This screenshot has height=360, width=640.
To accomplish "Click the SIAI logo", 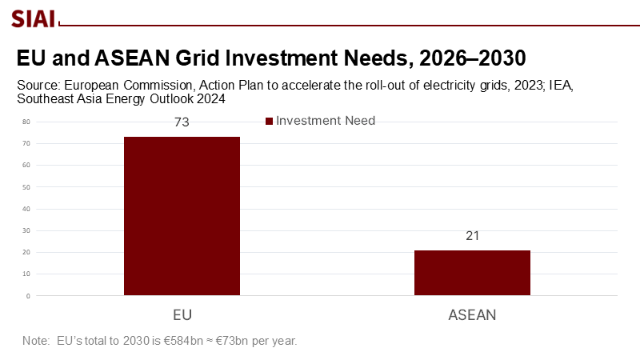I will click(33, 17).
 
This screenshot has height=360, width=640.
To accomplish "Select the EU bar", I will click(182, 216).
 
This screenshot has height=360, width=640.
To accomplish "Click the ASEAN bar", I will click(472, 273).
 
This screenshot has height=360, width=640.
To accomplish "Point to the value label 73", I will click(182, 123).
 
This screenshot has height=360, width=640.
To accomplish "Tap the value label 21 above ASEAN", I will click(472, 237).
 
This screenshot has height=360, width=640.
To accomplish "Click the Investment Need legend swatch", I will click(269, 122).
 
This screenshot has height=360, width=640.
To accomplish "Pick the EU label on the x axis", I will click(182, 314).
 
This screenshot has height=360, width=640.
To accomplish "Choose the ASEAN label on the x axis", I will click(471, 314).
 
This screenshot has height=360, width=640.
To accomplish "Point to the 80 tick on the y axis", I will click(26, 122).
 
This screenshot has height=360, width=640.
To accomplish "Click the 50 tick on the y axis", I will click(26, 187).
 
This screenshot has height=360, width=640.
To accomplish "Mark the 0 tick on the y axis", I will click(28, 296).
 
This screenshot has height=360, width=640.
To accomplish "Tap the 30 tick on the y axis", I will click(26, 230).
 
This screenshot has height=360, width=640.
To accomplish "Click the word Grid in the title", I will click(218, 59).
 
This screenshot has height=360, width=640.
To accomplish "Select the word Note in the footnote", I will click(36, 341).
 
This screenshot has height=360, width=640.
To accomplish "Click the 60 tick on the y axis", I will click(26, 166).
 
